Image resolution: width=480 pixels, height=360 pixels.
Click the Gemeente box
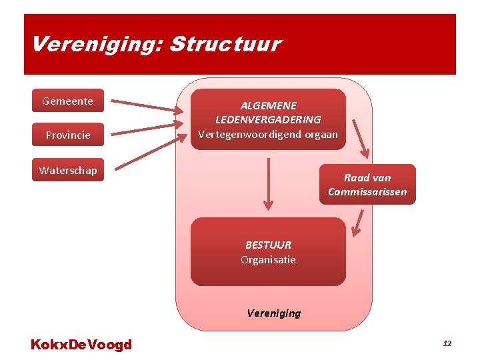68,101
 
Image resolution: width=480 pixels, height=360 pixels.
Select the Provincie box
68,135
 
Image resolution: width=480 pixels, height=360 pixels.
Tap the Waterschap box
68,170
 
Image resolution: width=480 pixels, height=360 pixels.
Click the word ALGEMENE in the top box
268,105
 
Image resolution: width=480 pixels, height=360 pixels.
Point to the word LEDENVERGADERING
268,120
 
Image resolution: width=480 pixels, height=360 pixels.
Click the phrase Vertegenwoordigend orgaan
268,134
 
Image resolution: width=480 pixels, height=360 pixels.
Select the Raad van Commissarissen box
367,185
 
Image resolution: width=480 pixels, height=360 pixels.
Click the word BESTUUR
268,245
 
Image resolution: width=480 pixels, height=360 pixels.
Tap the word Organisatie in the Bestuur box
268,259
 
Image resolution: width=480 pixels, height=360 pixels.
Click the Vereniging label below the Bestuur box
273,313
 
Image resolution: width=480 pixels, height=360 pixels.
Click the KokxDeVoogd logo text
81,345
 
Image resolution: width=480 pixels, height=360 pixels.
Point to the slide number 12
447,343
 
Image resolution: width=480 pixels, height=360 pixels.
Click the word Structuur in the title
225,45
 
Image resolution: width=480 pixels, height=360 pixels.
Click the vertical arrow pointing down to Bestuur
268,183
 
